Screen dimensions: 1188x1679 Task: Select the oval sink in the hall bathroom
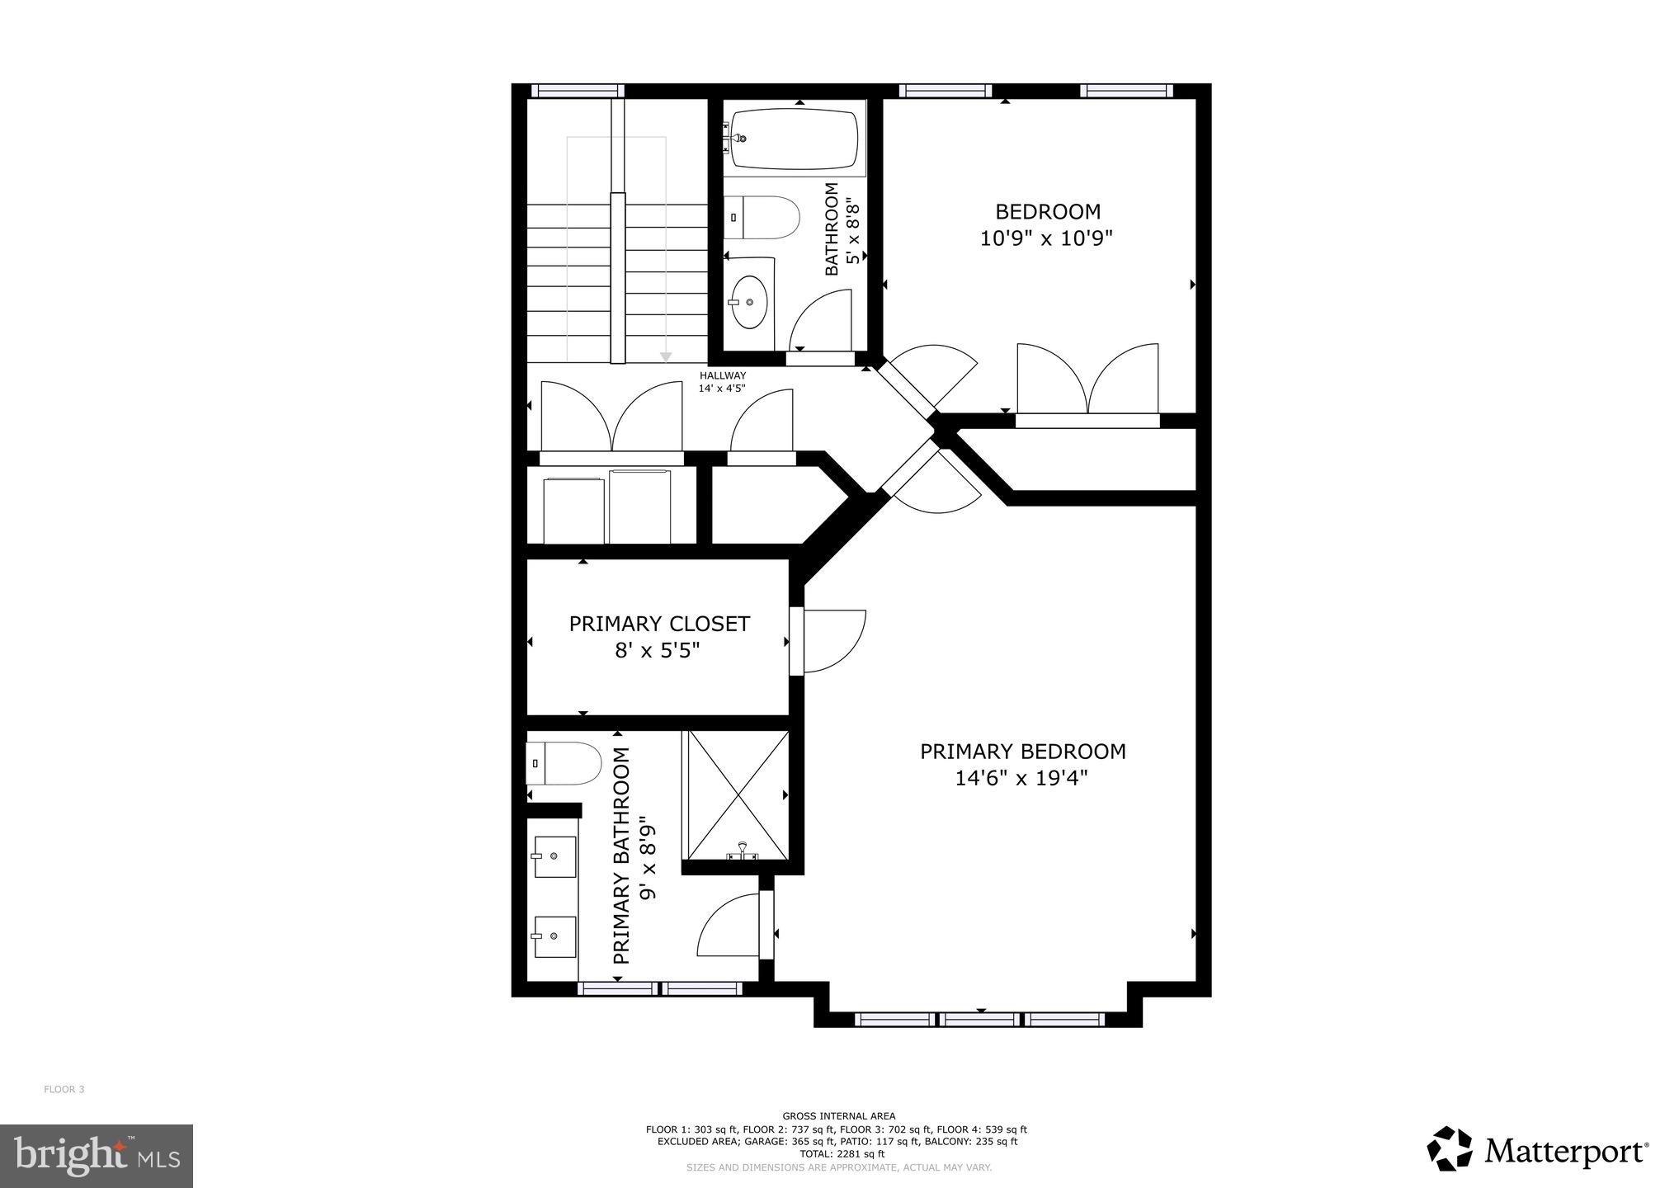click(x=750, y=302)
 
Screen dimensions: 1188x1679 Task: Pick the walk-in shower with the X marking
click(x=735, y=794)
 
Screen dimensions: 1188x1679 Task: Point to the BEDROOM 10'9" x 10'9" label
click(x=1047, y=225)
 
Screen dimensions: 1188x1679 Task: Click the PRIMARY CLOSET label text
click(x=659, y=624)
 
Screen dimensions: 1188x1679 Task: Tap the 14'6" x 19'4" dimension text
click(x=1021, y=778)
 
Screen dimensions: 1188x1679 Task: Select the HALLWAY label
click(x=722, y=376)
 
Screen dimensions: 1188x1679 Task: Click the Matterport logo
click(x=1538, y=1149)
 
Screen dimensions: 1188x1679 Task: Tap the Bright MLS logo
click(x=97, y=1157)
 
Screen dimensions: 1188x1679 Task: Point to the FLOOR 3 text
click(x=64, y=1089)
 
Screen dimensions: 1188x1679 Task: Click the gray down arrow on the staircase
click(x=666, y=357)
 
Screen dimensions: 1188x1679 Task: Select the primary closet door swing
click(x=833, y=641)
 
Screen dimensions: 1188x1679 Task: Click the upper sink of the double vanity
click(x=554, y=857)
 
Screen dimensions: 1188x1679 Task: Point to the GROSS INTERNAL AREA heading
click(x=838, y=1116)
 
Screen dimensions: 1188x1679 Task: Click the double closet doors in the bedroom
click(x=1087, y=379)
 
